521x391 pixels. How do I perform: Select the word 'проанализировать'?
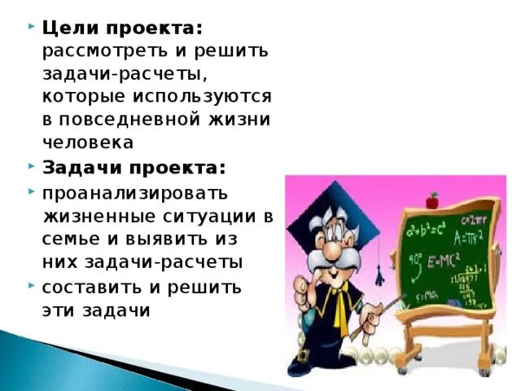point(134,194)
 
